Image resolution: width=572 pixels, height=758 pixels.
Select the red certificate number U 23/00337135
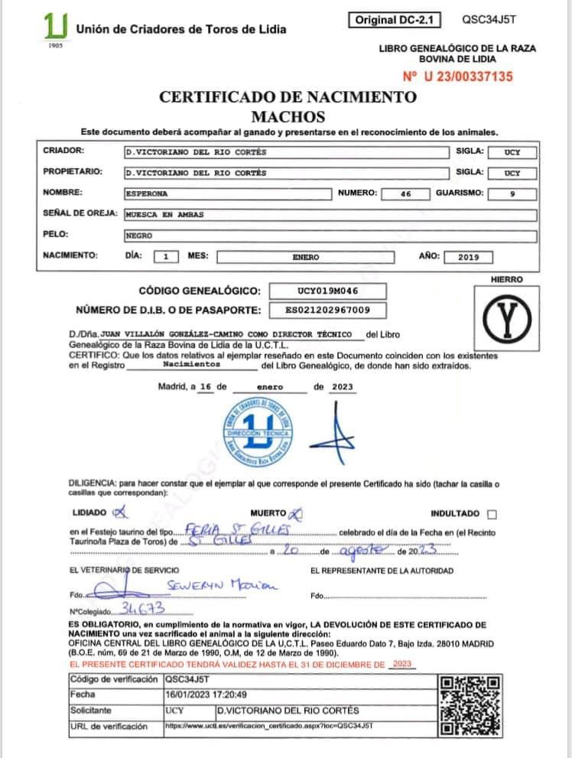pos(457,76)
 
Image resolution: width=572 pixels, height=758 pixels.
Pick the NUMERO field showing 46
pos(405,194)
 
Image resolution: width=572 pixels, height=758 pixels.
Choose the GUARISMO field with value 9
pos(512,194)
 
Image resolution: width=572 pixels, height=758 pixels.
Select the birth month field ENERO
pos(306,257)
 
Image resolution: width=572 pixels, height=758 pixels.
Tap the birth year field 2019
pos(468,257)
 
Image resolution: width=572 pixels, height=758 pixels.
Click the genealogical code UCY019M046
pos(327,291)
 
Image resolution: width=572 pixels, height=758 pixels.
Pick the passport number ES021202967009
pos(327,310)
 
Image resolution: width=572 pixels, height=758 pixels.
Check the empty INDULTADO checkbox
pos(491,514)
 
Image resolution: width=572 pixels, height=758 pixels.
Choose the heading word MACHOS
pos(288,116)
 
